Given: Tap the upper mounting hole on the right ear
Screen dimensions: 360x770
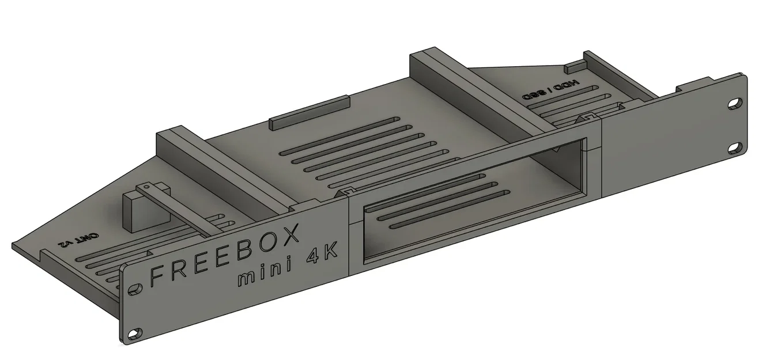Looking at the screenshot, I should click(x=735, y=104).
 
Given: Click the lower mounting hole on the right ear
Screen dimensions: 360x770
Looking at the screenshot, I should click(x=734, y=148).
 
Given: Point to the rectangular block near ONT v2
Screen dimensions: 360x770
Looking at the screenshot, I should click(x=134, y=211).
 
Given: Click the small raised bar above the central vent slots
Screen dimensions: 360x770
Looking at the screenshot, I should click(x=310, y=113).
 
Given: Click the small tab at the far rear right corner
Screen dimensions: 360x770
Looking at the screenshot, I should click(x=575, y=67).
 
